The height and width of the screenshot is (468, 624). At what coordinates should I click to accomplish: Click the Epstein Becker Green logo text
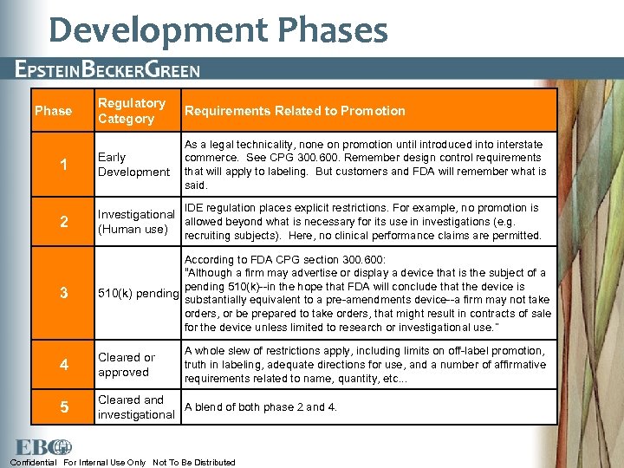(107, 70)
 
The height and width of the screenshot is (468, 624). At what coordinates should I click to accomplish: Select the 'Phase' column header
(53, 111)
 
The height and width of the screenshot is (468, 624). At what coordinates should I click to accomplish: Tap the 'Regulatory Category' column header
(131, 111)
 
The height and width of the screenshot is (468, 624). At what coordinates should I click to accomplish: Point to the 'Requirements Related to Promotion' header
(294, 111)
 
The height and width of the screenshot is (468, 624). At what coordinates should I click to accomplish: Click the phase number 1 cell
(63, 165)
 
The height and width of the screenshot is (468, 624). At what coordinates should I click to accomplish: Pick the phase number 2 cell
(63, 222)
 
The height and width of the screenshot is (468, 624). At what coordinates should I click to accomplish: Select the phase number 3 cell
(63, 293)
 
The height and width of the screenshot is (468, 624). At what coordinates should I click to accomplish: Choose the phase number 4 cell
(63, 365)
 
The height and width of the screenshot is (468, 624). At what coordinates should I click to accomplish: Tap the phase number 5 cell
(63, 407)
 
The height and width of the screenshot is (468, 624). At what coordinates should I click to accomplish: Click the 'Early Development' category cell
(133, 165)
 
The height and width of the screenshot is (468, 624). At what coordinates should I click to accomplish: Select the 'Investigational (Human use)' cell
(136, 222)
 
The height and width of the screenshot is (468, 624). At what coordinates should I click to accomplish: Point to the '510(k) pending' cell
(138, 294)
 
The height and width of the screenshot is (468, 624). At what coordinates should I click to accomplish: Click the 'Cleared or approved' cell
(127, 365)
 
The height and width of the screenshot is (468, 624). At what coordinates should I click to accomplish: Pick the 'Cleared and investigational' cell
(136, 407)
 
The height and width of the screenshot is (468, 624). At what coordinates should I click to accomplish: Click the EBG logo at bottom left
(49, 446)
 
